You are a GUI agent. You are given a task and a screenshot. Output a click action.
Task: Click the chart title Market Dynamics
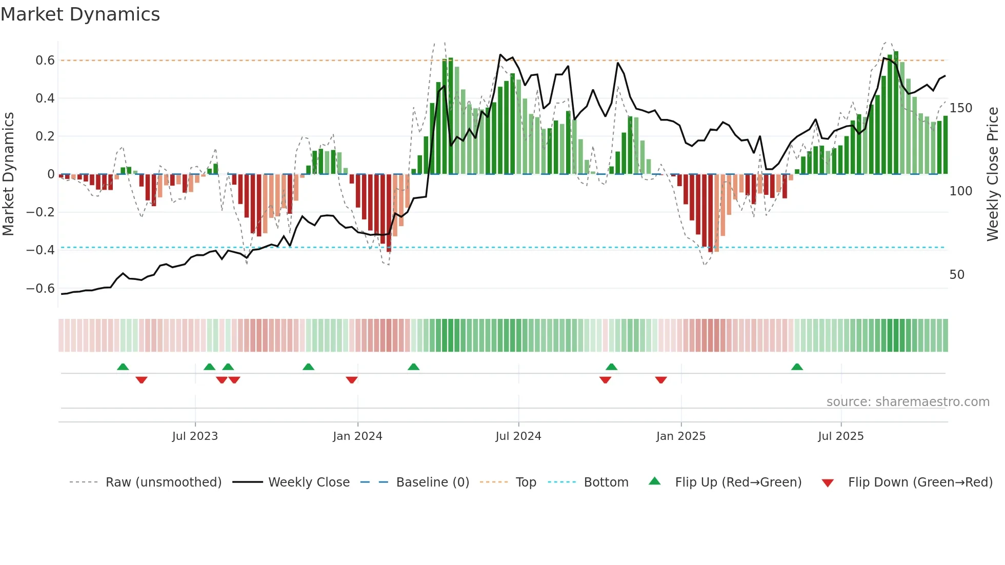(x=81, y=14)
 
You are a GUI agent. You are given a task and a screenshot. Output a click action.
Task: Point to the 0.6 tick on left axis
(x=45, y=60)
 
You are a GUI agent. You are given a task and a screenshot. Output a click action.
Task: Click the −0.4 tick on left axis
(x=41, y=250)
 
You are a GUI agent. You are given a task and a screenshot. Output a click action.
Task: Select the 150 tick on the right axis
(x=960, y=108)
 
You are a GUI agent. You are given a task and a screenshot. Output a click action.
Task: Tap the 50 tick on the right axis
(x=957, y=275)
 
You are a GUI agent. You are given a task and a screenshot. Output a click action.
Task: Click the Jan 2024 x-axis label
(x=357, y=436)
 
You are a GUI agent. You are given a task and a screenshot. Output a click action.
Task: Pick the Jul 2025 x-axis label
(x=840, y=436)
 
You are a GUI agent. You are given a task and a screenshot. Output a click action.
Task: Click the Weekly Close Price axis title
(x=993, y=174)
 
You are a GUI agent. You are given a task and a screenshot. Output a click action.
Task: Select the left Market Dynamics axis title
(x=8, y=174)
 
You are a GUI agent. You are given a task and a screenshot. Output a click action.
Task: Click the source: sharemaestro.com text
(x=908, y=402)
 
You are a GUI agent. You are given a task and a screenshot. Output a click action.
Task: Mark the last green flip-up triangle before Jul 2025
(x=797, y=367)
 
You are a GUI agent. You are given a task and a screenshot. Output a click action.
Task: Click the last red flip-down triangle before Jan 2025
(x=661, y=380)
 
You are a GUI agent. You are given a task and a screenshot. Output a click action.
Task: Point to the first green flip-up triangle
(x=123, y=367)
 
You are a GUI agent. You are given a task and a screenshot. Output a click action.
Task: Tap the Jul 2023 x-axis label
(x=195, y=436)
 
